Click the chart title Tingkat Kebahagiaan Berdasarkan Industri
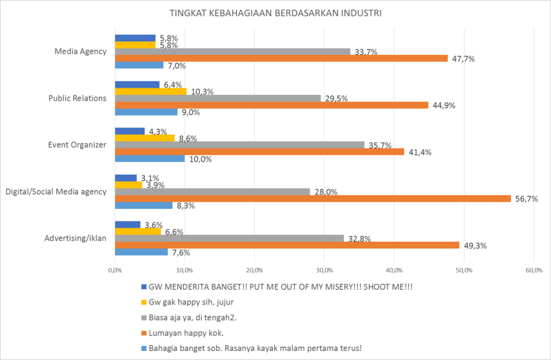[x=275, y=13]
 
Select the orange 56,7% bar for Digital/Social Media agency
[x=312, y=199]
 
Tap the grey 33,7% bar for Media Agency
[x=232, y=52]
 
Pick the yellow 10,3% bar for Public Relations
[x=150, y=92]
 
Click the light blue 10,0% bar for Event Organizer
[x=149, y=159]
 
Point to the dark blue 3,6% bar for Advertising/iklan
[x=127, y=225]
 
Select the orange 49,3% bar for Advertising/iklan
[x=286, y=245]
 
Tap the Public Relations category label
[x=77, y=98]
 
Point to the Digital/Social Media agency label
[x=55, y=192]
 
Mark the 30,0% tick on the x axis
[x=324, y=270]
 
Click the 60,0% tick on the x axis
[x=534, y=270]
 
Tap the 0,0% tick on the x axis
[x=115, y=270]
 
